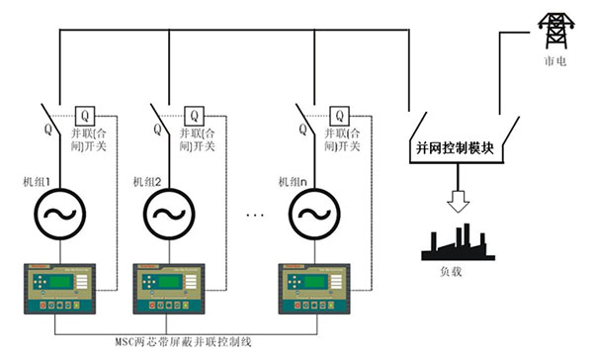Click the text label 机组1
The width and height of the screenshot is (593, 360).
[37, 181]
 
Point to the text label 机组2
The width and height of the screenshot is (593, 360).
[146, 181]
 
